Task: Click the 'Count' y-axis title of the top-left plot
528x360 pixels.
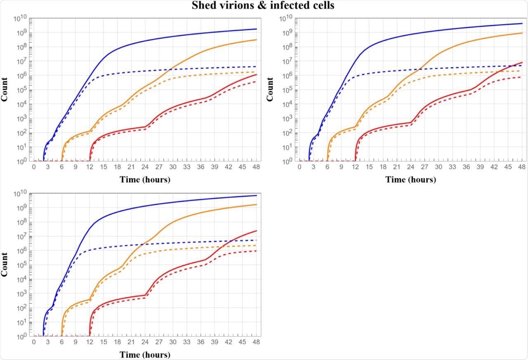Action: [x=6, y=90]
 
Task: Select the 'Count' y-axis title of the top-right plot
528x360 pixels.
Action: [x=271, y=90]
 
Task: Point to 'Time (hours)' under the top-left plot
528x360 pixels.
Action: [x=145, y=179]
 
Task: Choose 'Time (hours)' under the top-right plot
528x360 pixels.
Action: [x=410, y=179]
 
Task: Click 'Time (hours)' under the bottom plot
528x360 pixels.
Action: [x=145, y=355]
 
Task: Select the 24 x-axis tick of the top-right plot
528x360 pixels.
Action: [x=410, y=167]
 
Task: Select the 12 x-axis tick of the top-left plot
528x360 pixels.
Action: [x=90, y=167]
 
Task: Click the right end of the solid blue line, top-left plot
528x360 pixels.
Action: [x=256, y=29]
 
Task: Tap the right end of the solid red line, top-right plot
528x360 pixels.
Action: [x=522, y=63]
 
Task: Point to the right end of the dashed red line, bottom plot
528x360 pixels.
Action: [x=256, y=251]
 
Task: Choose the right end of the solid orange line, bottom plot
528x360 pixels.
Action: [x=256, y=205]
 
